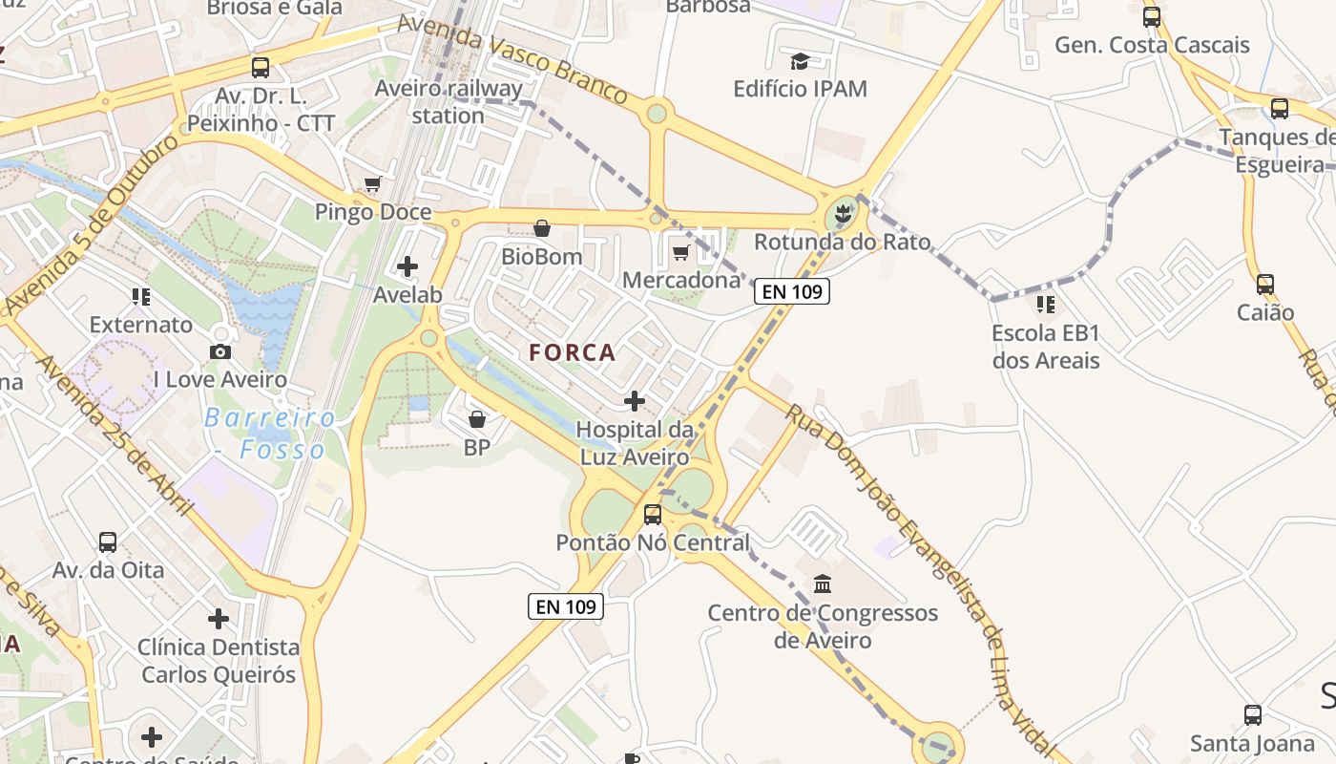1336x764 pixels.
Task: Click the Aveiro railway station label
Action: coord(449,102)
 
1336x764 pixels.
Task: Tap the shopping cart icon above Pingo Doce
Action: coord(372,183)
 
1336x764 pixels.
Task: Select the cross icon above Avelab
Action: coord(407,266)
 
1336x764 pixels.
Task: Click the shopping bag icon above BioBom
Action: coord(542,228)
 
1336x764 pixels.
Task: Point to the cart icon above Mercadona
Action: coord(680,252)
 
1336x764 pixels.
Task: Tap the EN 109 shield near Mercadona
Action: coord(792,291)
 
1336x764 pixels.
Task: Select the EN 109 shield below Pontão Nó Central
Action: coord(566,605)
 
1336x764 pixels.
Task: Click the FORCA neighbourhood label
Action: coord(573,352)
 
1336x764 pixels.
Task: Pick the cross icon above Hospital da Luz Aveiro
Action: coord(635,401)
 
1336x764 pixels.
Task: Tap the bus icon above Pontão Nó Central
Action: coord(653,515)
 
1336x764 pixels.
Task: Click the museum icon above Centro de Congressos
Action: coord(823,584)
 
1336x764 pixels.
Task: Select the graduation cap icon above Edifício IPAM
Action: coord(800,62)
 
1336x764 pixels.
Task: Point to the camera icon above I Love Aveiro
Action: coord(220,351)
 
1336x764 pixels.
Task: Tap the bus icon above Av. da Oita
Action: coord(108,542)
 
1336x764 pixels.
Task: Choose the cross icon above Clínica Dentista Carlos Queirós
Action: coord(219,619)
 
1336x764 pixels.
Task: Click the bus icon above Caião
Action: coord(1265,284)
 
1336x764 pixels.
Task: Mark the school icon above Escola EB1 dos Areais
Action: coord(1046,305)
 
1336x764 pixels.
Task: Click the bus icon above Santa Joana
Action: coord(1253,714)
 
